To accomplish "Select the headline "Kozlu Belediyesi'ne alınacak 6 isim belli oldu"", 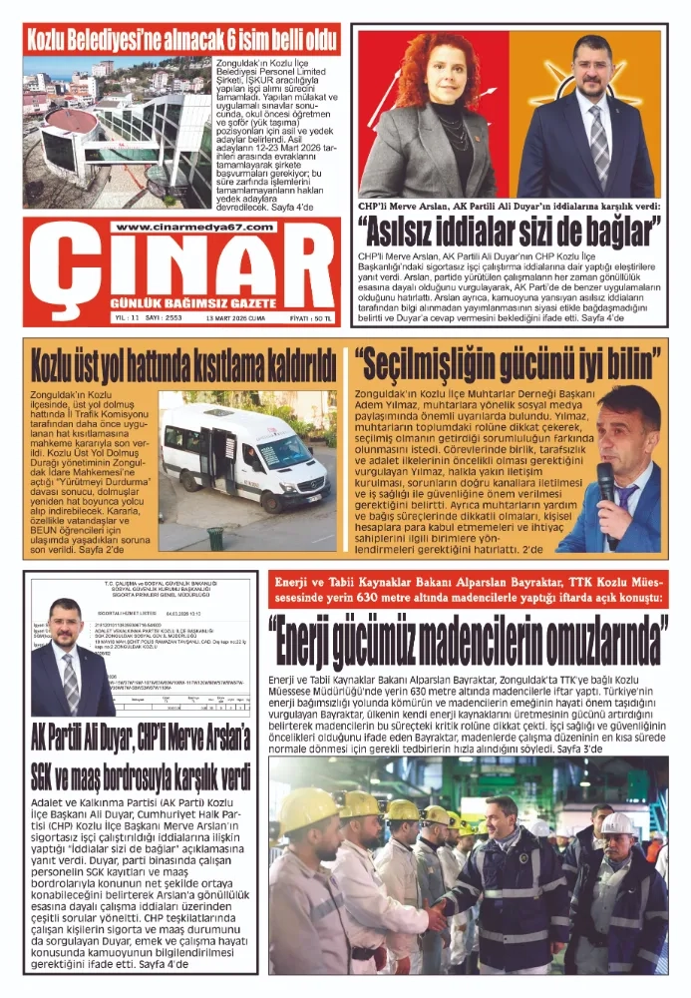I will tap(182, 40).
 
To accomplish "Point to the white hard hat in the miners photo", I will tap(618, 823).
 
